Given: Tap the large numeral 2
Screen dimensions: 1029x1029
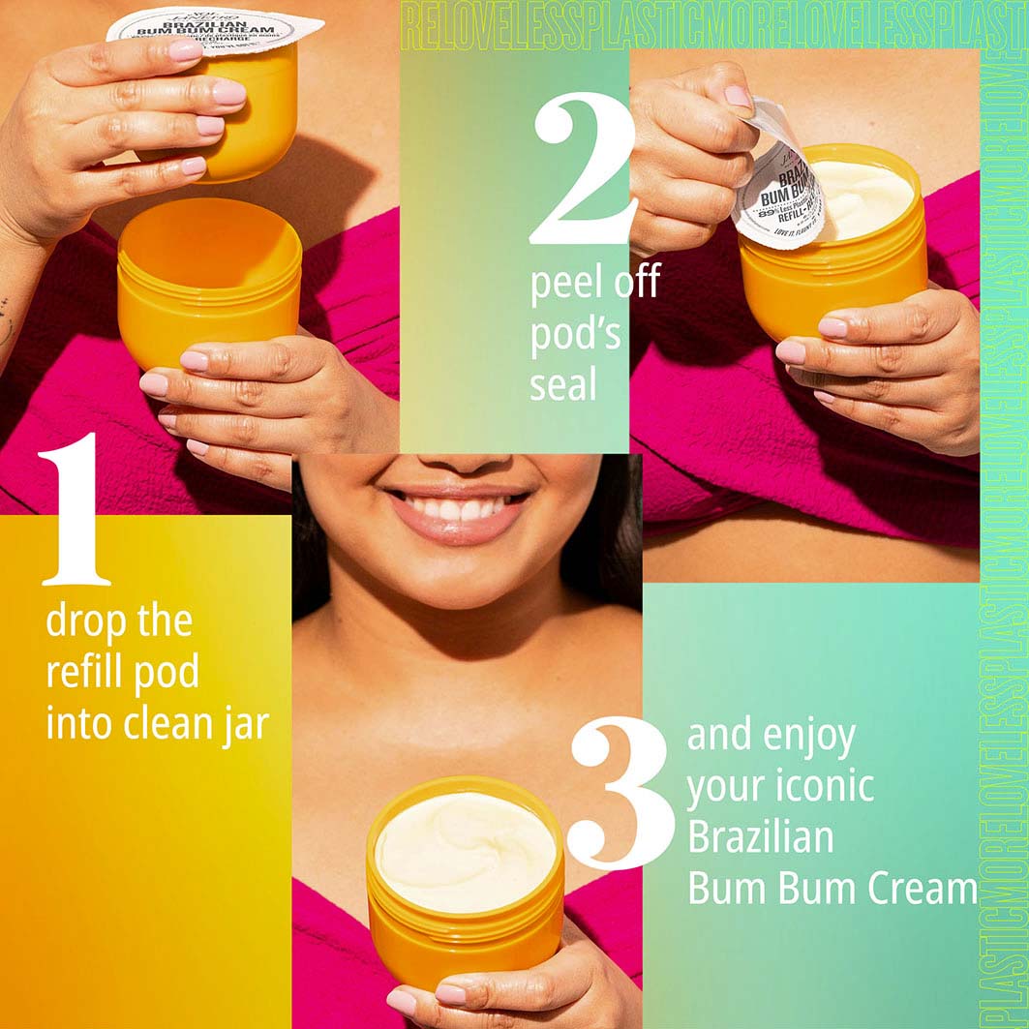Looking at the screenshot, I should point(581,169).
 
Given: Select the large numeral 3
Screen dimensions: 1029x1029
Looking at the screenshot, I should point(620,794).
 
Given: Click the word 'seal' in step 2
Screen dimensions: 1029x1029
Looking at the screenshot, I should point(563,384).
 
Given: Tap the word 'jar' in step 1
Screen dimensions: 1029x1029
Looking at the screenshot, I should point(240,723).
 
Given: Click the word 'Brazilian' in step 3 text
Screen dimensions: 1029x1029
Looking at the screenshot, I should point(761,837).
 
